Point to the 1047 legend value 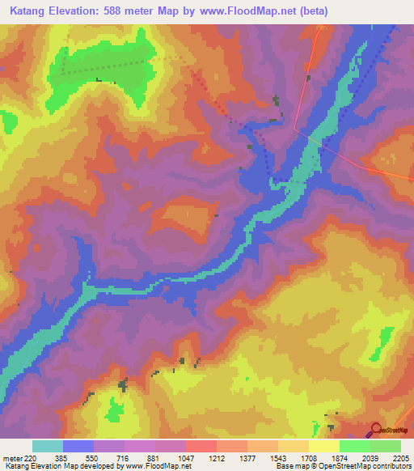pos(186,458)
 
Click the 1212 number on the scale pos(217,458)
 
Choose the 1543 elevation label pos(278,458)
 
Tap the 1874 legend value pos(340,458)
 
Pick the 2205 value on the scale pos(401,458)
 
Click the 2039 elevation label pos(370,458)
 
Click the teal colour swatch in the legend pos(48,446)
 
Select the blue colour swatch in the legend pos(78,446)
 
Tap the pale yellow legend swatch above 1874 pos(324,446)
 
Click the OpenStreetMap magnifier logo pos(376,428)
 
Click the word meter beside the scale pos(11,458)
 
